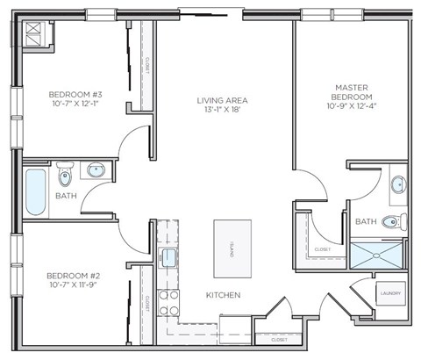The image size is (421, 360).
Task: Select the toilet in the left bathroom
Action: pos(64,169)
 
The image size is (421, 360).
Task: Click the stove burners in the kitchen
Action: pos(168,303)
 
